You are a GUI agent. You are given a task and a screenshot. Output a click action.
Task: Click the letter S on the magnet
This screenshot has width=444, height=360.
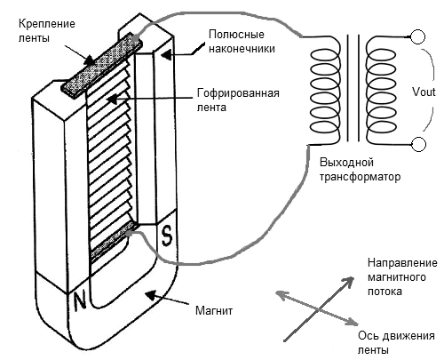click(x=166, y=236)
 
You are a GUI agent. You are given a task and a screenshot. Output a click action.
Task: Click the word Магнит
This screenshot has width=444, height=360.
click(x=214, y=311)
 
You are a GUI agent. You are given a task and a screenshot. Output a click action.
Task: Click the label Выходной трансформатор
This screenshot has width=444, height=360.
click(x=359, y=171)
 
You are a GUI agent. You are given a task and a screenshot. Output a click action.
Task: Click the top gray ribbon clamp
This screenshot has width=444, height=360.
click(x=99, y=64)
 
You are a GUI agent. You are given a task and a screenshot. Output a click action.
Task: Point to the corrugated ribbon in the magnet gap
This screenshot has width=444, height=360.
click(x=111, y=151)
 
